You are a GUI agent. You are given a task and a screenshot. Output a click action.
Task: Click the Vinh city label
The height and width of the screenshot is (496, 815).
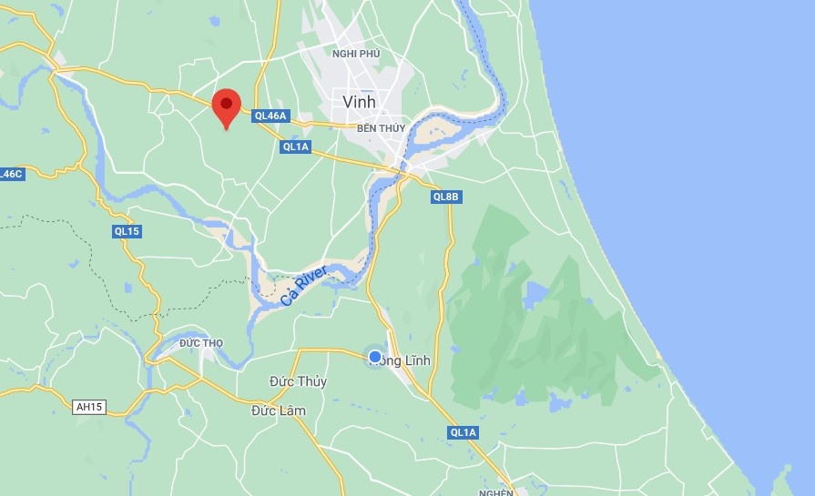pyautogui.click(x=359, y=101)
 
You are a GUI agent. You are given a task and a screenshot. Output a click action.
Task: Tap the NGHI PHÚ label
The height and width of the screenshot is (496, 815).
pyautogui.click(x=356, y=54)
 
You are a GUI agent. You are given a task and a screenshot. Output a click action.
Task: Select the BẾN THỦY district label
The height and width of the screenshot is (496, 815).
pyautogui.click(x=380, y=129)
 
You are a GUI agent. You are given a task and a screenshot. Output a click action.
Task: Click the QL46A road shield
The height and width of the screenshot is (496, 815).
pyautogui.click(x=271, y=116)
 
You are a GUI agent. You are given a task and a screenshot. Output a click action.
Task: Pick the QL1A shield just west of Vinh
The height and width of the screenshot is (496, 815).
pyautogui.click(x=297, y=146)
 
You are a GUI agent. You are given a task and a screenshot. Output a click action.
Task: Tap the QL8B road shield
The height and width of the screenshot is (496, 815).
pyautogui.click(x=447, y=196)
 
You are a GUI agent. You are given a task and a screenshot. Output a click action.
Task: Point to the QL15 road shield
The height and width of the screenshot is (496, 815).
pyautogui.click(x=127, y=231)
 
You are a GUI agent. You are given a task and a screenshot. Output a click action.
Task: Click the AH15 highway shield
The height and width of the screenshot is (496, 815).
pyautogui.click(x=89, y=407)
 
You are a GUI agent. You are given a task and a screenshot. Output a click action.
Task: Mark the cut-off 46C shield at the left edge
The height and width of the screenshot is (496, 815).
pyautogui.click(x=11, y=174)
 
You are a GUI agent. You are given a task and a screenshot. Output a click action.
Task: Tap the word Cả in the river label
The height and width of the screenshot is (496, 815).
pyautogui.click(x=288, y=299)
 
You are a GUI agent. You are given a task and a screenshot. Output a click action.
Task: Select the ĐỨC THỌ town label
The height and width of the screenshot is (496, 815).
pyautogui.click(x=201, y=342)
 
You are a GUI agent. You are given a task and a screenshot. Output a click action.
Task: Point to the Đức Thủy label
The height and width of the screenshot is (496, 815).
pyautogui.click(x=299, y=382)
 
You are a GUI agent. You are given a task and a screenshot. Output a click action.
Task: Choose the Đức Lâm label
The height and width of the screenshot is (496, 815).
pyautogui.click(x=279, y=410)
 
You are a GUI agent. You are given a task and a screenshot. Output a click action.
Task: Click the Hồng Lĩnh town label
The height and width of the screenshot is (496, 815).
pyautogui.click(x=404, y=360)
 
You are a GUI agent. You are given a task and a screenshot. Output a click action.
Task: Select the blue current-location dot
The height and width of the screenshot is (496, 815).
pyautogui.click(x=374, y=355)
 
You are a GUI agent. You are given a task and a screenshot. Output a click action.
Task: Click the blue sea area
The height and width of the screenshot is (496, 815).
pyautogui.click(x=692, y=137)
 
